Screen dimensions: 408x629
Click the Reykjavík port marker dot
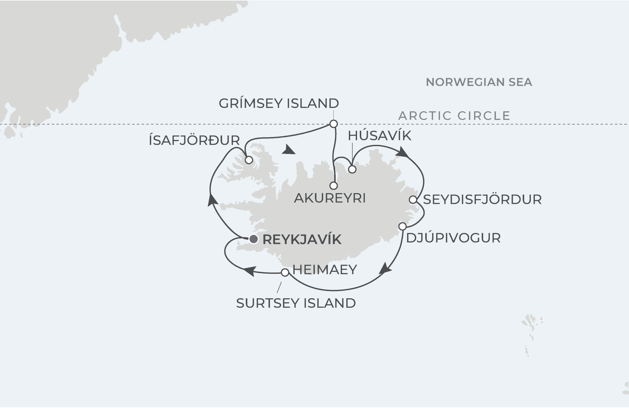pos(254,239)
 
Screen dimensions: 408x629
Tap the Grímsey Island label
pos(279,103)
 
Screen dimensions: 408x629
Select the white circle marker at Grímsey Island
pos(333,124)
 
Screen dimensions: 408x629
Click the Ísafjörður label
pos(194,140)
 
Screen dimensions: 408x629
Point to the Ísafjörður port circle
pos(249,160)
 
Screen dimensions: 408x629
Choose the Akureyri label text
pos(330,198)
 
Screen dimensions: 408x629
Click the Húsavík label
pos(380,136)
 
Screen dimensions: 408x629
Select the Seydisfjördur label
pos(482,199)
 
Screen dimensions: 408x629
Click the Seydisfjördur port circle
pos(413,200)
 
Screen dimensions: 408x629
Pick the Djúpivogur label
pos(453,238)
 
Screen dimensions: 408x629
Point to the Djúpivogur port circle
pos(402,226)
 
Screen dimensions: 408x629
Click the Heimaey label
pos(325,270)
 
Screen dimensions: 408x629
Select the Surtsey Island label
pos(296,303)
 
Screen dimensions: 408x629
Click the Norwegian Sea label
pos(479,82)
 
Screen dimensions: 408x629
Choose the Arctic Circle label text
pos(454,116)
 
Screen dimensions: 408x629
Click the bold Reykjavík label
pos(302,240)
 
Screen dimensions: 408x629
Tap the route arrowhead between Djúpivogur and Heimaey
pos(385,268)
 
